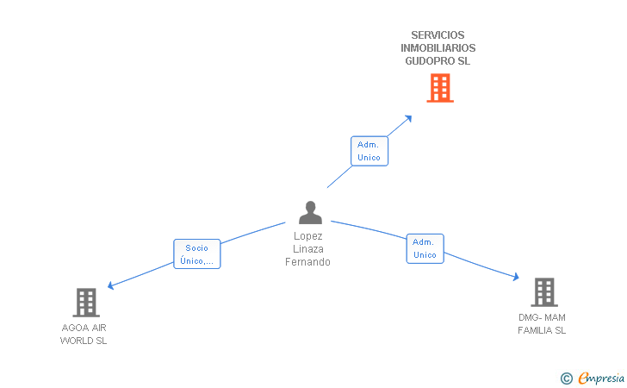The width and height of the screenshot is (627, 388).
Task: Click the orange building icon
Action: point(440,88)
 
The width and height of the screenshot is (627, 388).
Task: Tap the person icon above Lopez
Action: point(310,212)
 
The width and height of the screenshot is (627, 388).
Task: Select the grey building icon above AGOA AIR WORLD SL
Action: point(86,303)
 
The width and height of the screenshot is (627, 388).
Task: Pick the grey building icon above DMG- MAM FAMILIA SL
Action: point(544,292)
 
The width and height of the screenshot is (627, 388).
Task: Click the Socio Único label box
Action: point(196,253)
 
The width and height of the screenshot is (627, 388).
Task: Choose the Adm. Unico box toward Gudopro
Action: point(369,151)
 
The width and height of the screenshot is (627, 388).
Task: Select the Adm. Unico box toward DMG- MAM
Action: point(425,248)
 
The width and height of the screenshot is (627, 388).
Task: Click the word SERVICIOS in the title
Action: point(438,35)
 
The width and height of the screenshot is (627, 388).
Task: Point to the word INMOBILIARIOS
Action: point(438,48)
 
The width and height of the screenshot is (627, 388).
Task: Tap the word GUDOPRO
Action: point(431,61)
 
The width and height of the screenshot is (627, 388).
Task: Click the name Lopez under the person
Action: point(308,236)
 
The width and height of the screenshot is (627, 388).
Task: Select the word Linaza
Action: point(308,249)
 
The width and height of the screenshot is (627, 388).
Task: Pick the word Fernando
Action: point(308,262)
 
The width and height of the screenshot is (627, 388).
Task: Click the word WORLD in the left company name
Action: point(75,341)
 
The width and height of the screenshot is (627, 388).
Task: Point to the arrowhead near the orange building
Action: point(408,118)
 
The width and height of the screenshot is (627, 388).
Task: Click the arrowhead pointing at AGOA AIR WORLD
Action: point(111,285)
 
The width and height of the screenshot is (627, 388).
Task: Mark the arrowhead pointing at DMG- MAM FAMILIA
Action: point(516,276)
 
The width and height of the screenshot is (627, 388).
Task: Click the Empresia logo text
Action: point(601,378)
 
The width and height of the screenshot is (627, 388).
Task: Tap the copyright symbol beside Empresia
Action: point(566,379)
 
